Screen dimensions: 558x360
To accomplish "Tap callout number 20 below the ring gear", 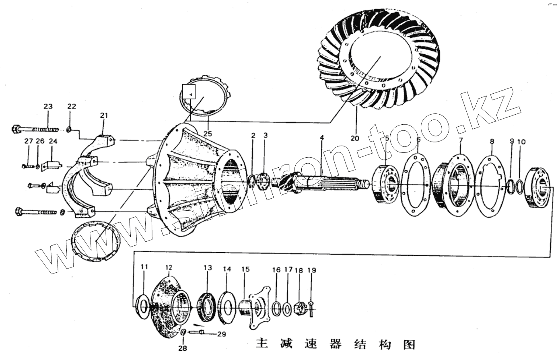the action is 354,138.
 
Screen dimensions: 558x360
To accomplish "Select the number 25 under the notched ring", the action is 208,133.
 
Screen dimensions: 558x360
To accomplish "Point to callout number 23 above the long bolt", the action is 48,107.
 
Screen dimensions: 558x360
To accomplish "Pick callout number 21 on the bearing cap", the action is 104,116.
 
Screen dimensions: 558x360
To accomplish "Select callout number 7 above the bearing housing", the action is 461,140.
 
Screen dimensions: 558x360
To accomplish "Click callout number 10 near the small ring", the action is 521,142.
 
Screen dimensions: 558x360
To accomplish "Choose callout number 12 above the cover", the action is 169,267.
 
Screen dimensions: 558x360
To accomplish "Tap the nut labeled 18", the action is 299,309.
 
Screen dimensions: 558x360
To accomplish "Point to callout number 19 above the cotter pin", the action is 312,270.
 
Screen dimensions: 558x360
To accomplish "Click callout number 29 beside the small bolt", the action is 221,334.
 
